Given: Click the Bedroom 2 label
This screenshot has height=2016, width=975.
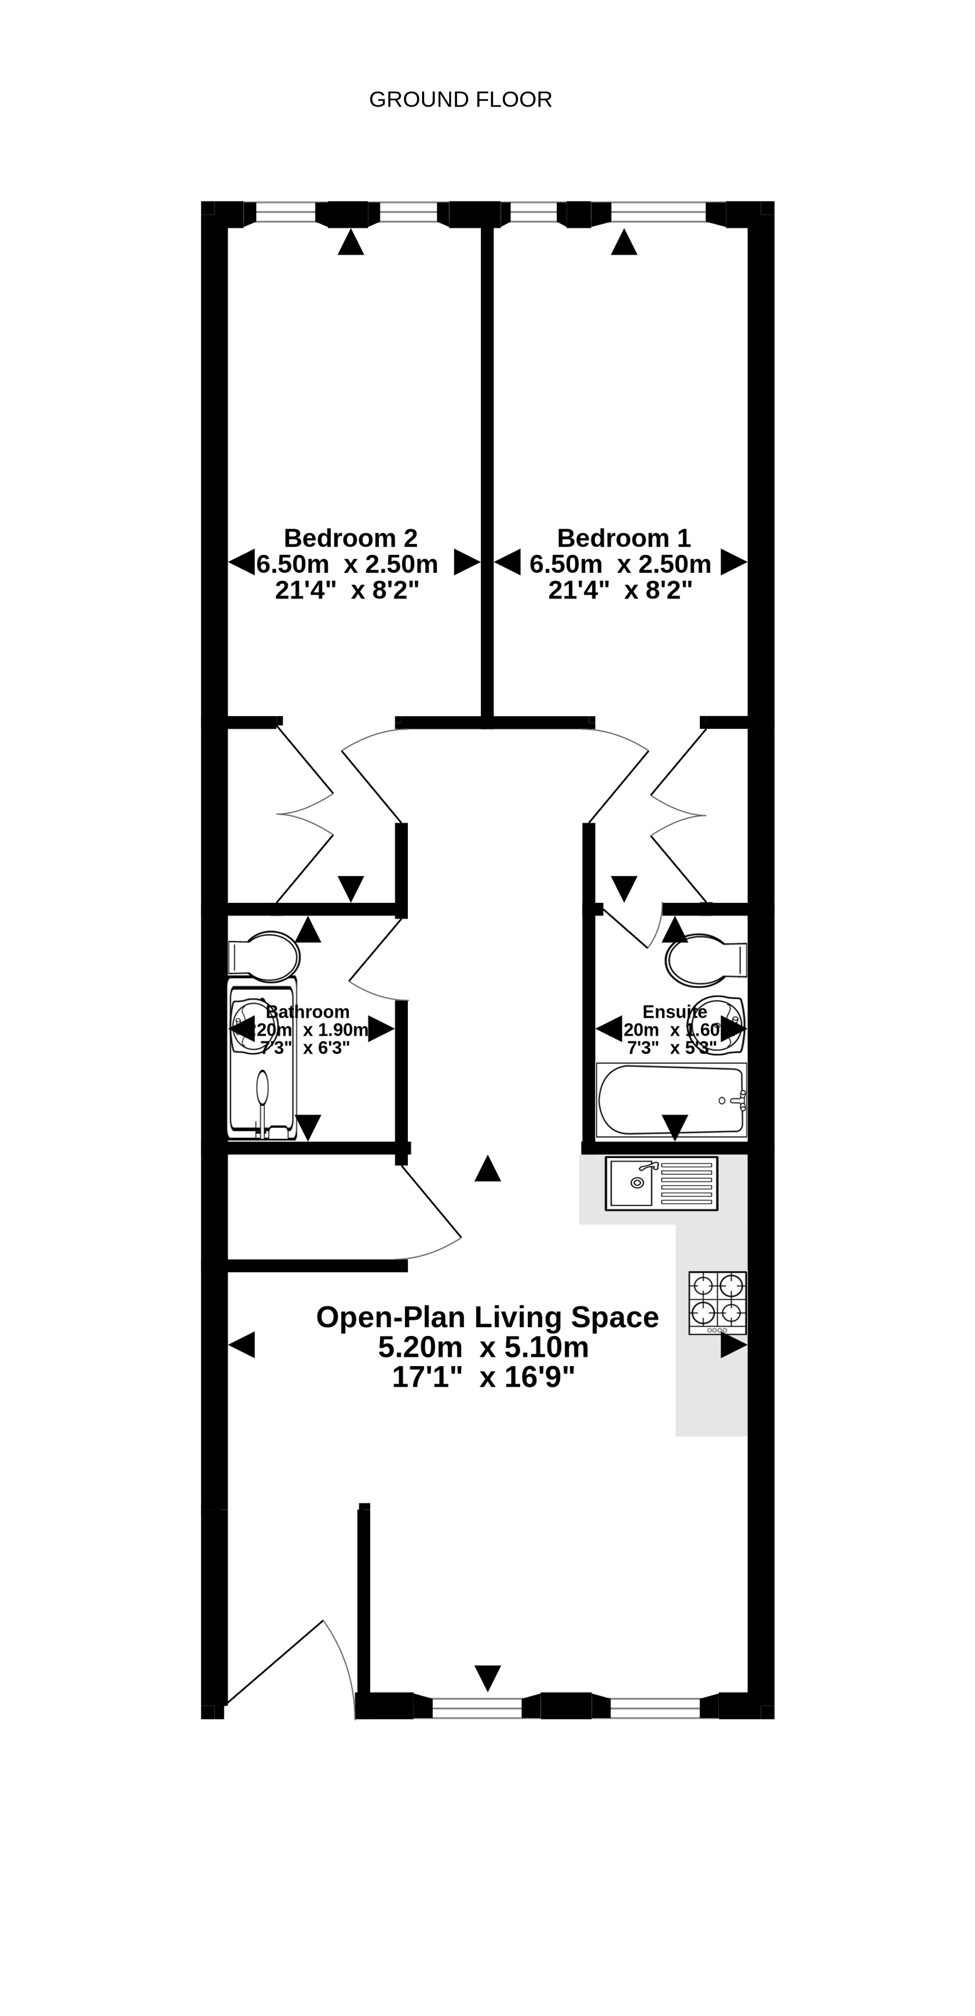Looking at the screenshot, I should [350, 537].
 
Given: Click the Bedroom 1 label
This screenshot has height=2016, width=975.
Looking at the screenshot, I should [623, 537].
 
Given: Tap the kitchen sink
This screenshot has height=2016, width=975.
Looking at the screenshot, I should [661, 1183].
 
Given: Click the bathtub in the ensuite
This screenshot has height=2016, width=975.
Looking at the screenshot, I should [670, 1099].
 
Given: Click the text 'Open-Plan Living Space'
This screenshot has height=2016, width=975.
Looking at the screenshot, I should [487, 1317].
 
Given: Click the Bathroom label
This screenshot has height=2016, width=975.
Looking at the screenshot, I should [307, 1012].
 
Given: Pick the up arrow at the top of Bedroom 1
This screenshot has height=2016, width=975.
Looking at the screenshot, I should [623, 242].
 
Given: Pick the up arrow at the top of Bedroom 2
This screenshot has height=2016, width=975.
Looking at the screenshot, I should [350, 242].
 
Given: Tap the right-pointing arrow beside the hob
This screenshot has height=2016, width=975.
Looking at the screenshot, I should [733, 1345].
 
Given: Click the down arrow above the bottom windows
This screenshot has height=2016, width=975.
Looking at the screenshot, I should [487, 1677].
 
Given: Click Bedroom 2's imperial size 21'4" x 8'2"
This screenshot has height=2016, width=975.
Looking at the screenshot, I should [347, 590].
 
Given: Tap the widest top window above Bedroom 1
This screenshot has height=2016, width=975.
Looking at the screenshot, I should [658, 211].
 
